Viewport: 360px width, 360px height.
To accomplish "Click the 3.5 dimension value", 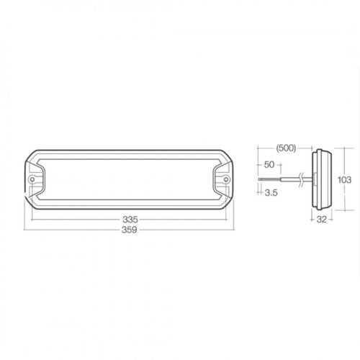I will [272, 192].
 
